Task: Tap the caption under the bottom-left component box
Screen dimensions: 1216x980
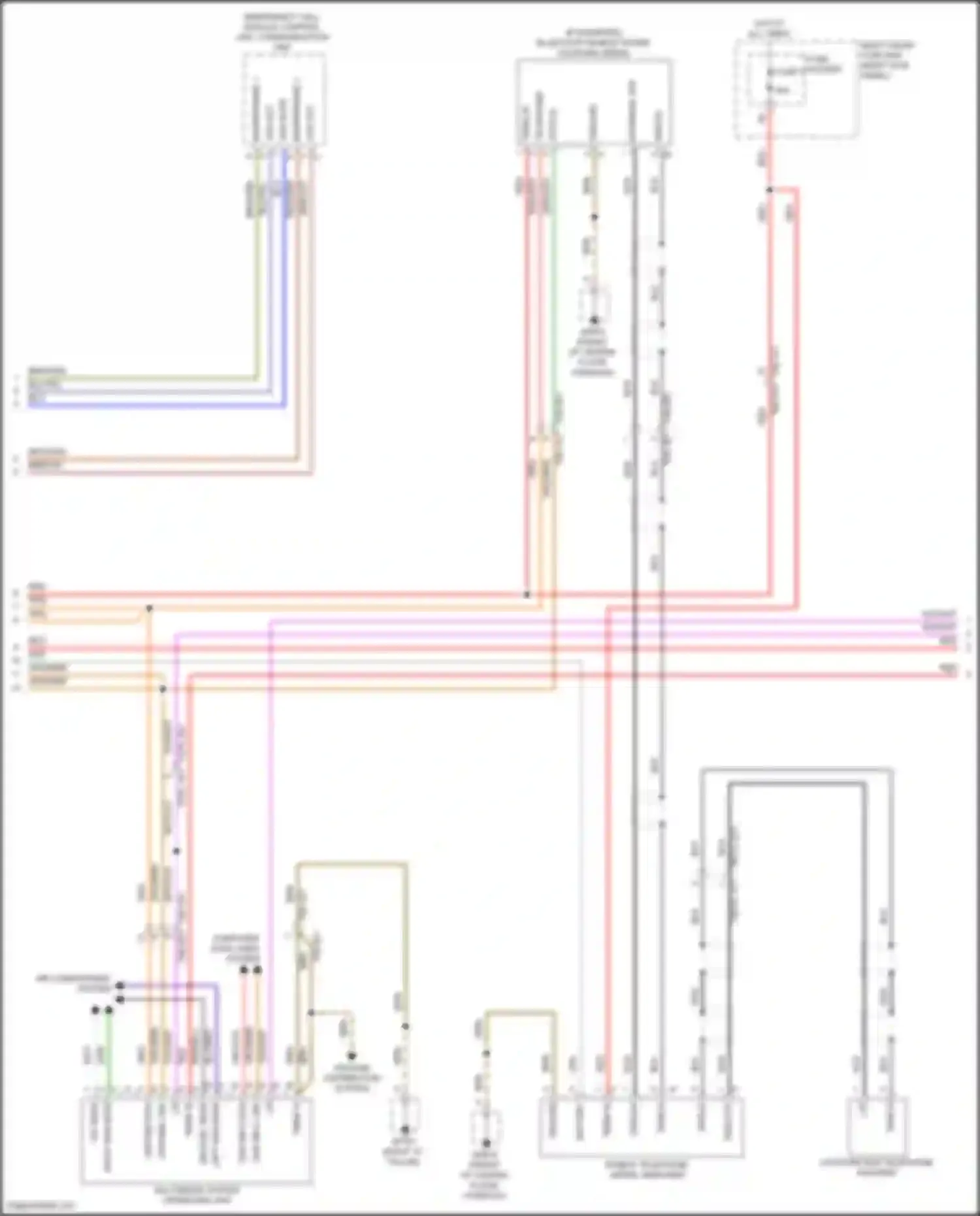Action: (197, 1195)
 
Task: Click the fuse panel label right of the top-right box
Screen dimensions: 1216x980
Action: (887, 60)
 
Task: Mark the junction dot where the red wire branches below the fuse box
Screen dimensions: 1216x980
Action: (770, 190)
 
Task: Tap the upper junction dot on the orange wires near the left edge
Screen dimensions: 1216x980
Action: (149, 608)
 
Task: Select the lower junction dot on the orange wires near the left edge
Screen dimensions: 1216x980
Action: (163, 689)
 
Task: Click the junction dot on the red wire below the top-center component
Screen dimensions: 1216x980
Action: (527, 595)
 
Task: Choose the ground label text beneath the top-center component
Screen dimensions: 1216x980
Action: (593, 353)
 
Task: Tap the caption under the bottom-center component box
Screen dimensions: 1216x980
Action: (644, 1170)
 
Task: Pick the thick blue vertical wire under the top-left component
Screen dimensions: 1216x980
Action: (284, 281)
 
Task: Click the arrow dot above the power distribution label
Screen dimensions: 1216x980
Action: (351, 1056)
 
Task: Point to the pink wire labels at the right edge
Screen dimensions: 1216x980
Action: (939, 620)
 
